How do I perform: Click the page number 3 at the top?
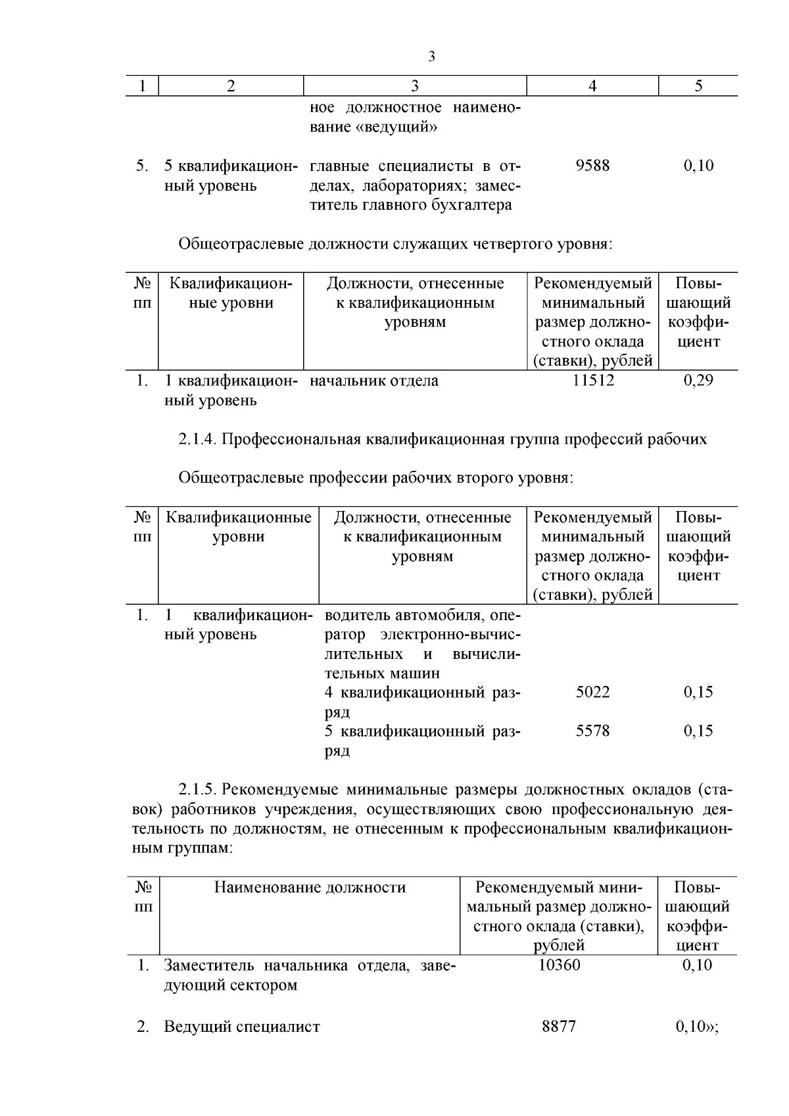pos(431,57)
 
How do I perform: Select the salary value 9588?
pos(592,166)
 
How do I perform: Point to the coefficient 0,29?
pos(698,381)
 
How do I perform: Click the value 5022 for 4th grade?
pos(592,692)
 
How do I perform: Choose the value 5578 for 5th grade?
pos(592,731)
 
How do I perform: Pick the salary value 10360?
pos(559,965)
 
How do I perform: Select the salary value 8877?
pos(559,1027)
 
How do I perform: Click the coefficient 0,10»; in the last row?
pos(698,1027)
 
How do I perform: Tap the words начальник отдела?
pos(374,381)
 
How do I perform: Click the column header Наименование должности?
pos(310,888)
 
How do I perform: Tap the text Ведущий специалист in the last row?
pos(241,1027)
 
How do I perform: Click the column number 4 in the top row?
pos(592,86)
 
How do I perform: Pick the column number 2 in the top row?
pos(230,86)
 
